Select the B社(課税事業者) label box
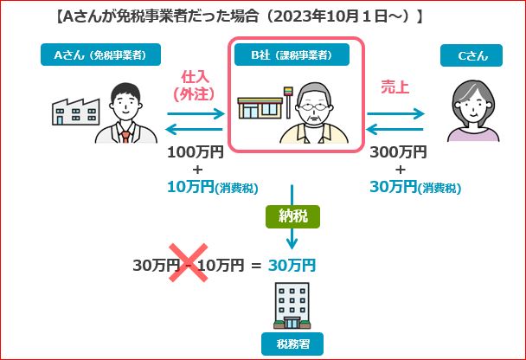click(292, 56)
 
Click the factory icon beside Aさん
click(72, 111)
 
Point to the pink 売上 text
click(395, 87)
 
